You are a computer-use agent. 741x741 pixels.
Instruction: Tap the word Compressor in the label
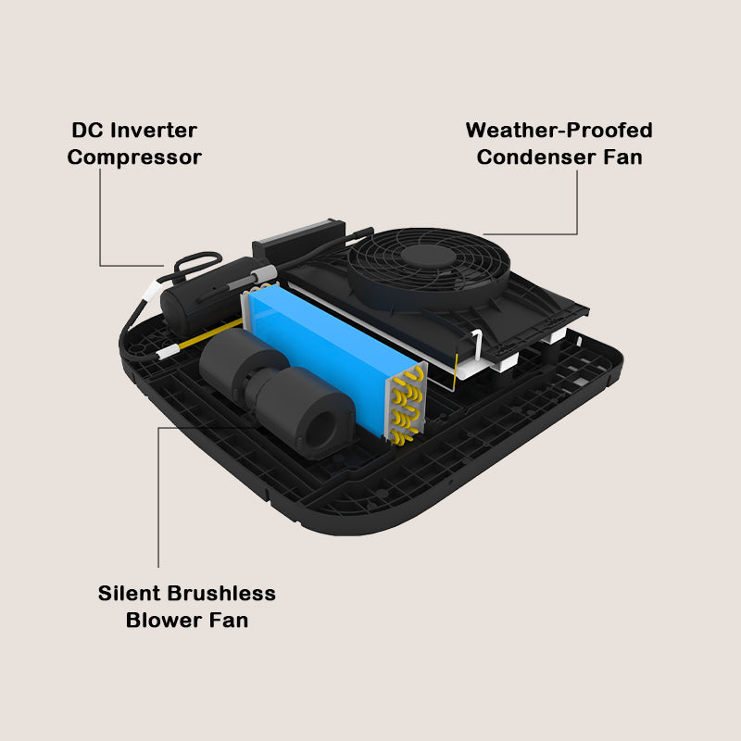[134, 157]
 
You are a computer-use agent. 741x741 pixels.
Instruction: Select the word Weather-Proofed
[559, 131]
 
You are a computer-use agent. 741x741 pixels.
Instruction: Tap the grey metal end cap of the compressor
[262, 275]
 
